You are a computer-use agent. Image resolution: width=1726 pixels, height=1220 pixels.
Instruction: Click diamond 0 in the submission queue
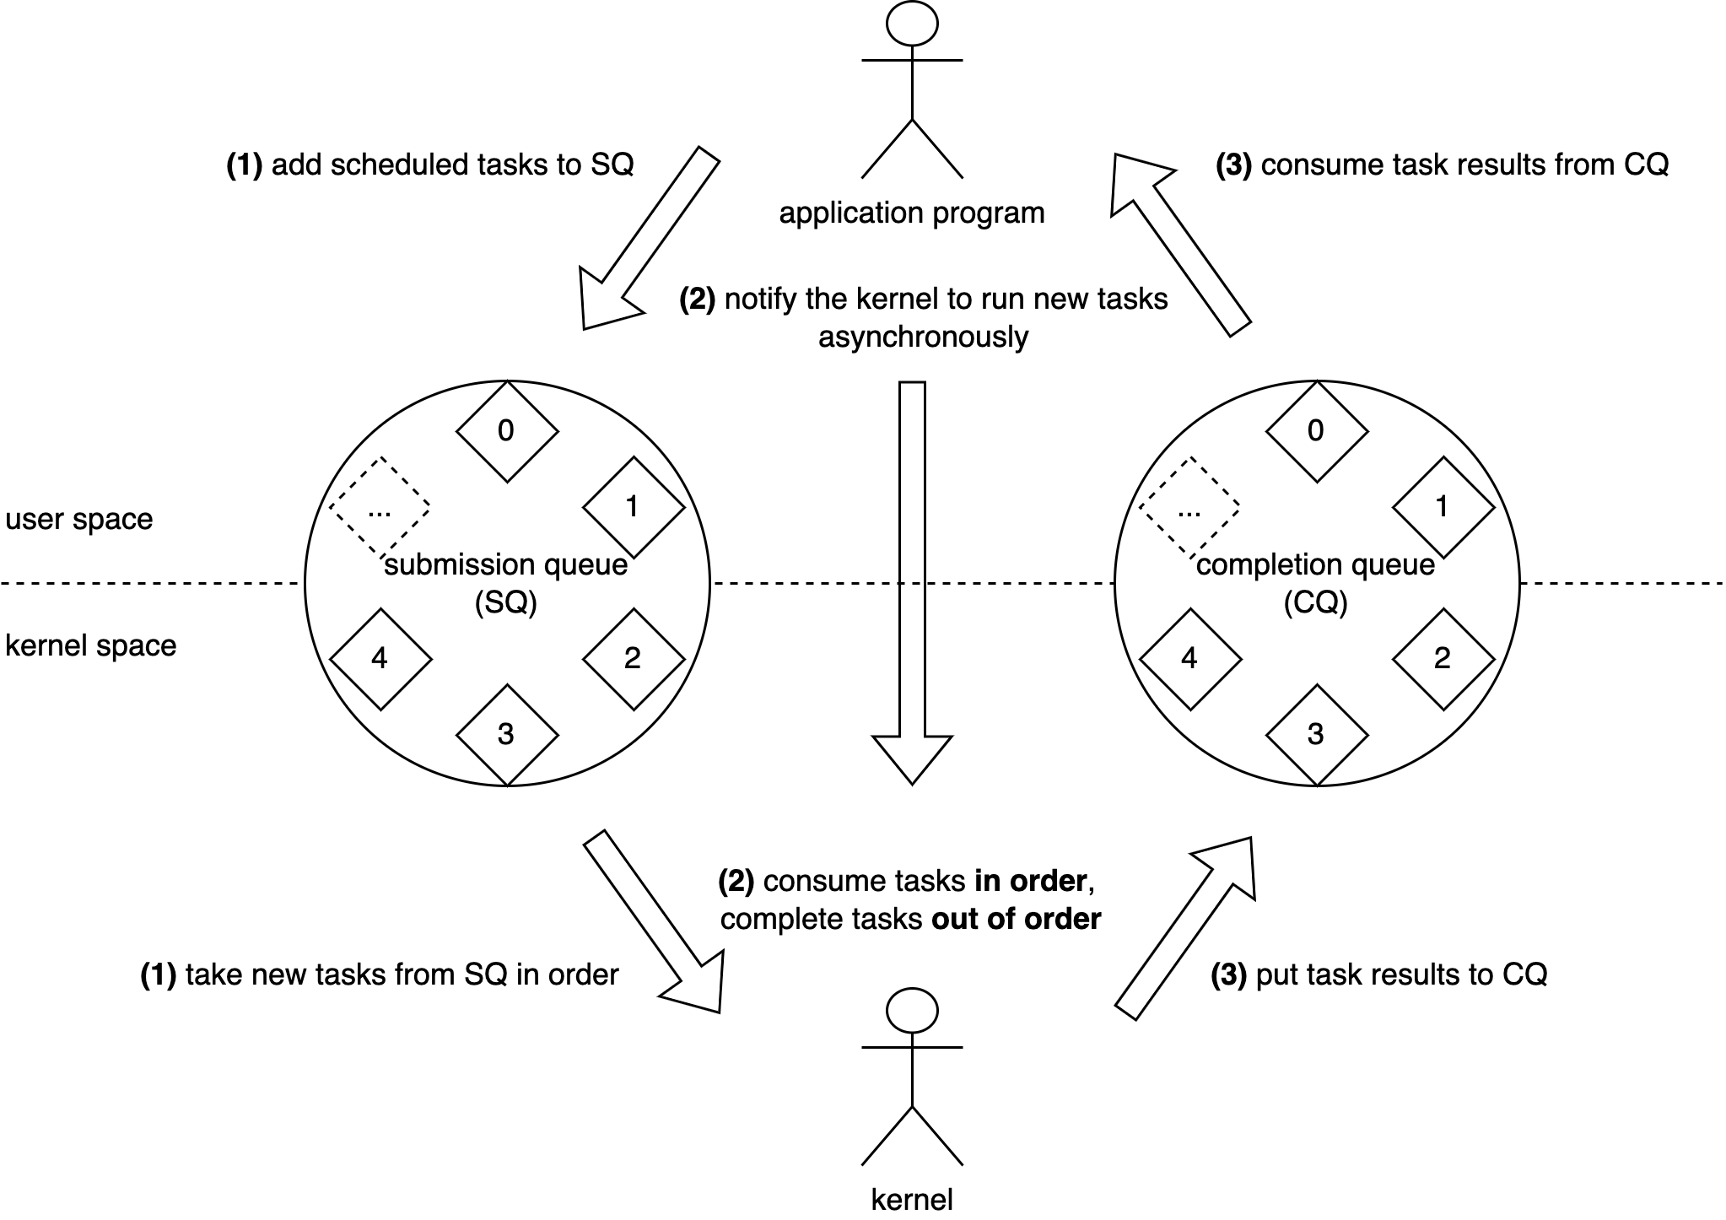(x=507, y=431)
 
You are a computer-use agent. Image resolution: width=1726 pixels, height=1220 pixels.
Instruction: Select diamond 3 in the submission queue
(x=507, y=735)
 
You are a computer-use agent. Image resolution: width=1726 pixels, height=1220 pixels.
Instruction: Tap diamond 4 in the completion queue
(x=1189, y=659)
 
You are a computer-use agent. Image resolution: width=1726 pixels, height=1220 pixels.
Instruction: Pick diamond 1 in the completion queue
(x=1443, y=507)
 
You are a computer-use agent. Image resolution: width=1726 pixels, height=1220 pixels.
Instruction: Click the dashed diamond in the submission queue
(x=380, y=508)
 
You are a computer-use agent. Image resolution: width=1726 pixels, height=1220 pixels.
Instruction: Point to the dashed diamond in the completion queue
(x=1189, y=508)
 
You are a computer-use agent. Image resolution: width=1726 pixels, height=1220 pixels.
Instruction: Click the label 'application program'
(x=912, y=213)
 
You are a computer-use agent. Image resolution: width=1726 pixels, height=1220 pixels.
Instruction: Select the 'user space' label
(x=79, y=519)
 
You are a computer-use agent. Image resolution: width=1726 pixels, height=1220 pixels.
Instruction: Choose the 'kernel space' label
(x=91, y=645)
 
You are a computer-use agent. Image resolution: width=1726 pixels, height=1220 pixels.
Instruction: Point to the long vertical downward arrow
(x=912, y=582)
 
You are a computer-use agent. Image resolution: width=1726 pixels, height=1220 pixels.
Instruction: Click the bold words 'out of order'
(x=1016, y=919)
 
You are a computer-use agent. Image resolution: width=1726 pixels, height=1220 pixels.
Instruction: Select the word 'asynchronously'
(x=923, y=337)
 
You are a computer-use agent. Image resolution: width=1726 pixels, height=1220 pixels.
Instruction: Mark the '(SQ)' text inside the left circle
(x=506, y=603)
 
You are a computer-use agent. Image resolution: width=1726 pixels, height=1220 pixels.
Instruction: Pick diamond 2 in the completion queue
(x=1443, y=659)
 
